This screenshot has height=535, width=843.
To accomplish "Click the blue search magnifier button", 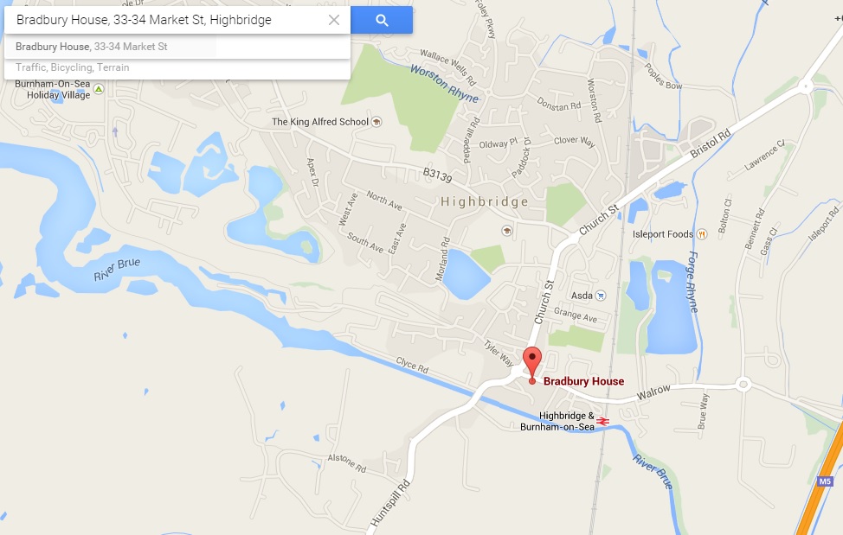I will click(x=382, y=20).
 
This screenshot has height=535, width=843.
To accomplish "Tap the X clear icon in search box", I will click(x=334, y=20).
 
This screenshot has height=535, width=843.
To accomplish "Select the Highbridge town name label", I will click(x=485, y=202).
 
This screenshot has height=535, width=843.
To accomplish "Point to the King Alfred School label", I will click(x=320, y=122).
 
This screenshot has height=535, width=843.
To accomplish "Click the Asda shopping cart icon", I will click(x=602, y=296).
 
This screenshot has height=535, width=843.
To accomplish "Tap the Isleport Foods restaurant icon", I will click(x=703, y=233).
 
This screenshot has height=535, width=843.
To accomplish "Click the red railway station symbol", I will click(x=603, y=421).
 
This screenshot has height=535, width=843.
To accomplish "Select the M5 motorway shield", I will click(x=825, y=481).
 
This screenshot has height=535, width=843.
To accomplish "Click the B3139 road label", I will click(x=438, y=174).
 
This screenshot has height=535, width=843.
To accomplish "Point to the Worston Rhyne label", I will click(x=445, y=84).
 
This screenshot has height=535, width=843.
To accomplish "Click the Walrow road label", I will click(x=653, y=392).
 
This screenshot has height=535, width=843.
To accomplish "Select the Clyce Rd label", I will click(x=412, y=364).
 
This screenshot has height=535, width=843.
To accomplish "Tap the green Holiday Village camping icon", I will click(x=99, y=89).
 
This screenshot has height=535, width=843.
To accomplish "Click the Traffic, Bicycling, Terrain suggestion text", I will click(x=73, y=67).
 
